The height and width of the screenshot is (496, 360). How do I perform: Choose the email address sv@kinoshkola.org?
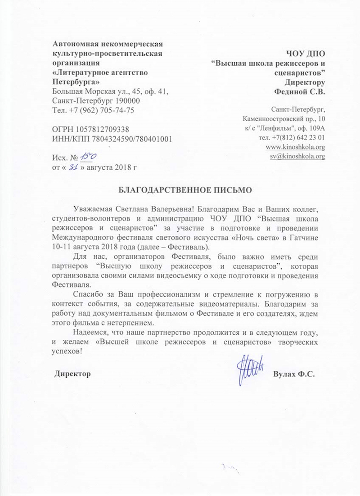click(297, 157)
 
